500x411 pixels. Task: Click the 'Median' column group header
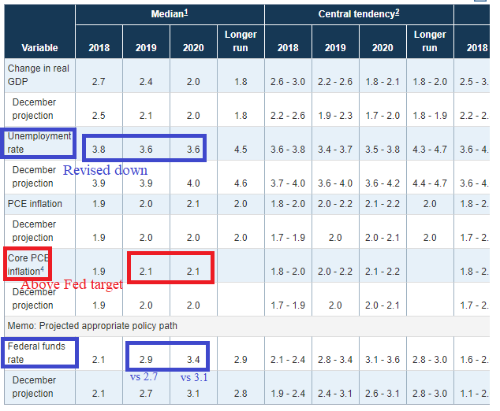[168, 14]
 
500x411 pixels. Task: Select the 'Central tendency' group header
[357, 14]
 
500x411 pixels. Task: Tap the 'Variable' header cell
[39, 48]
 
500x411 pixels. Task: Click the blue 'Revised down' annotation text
[105, 170]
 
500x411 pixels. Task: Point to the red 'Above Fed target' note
[71, 284]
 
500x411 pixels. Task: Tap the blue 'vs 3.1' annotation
[193, 377]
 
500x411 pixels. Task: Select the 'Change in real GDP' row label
[39, 75]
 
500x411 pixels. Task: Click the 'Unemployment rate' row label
[39, 143]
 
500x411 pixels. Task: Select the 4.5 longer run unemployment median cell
[241, 150]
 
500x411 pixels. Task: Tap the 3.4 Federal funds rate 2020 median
[192, 360]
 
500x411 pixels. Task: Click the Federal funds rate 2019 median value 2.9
[146, 360]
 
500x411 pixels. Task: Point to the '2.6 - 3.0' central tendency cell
[288, 82]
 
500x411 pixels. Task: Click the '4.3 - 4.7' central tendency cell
[430, 150]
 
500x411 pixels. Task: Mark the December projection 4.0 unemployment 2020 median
[192, 183]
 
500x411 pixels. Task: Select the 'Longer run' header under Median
[241, 41]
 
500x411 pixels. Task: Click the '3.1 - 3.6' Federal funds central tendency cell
[382, 360]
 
